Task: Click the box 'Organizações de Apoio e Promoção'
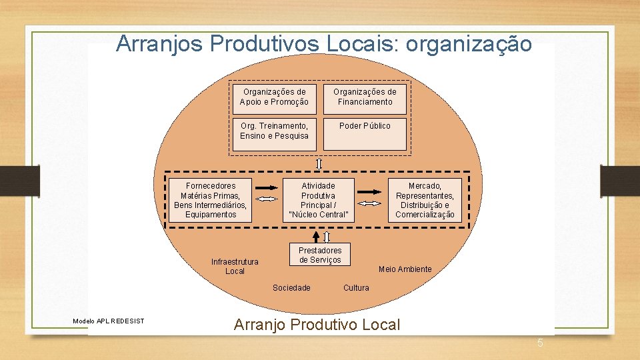point(274,97)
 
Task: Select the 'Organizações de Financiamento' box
point(365,97)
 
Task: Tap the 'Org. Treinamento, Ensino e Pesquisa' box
point(274,131)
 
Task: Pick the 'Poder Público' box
point(365,131)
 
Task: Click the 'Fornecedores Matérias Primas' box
point(210,200)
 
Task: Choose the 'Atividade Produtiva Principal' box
point(318,200)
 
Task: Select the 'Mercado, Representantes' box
point(425,200)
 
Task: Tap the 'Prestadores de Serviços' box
point(320,255)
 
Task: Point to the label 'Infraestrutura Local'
point(235,267)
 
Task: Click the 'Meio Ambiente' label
point(405,269)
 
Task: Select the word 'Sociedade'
point(291,288)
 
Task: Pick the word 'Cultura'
point(356,288)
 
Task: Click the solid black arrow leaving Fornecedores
point(267,187)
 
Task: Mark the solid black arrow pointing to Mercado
point(369,190)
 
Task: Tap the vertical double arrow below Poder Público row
point(319,164)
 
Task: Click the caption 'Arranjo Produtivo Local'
point(317,325)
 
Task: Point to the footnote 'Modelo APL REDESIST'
point(108,321)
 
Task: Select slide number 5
point(541,343)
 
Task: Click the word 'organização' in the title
point(469,44)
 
